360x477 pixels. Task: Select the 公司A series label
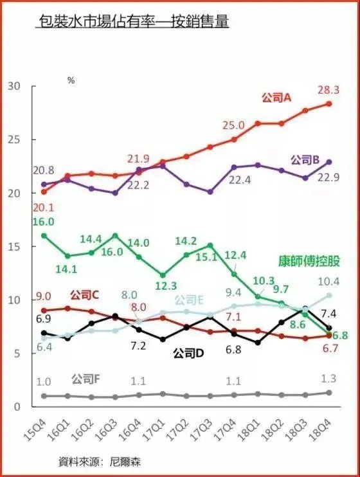pyautogui.click(x=277, y=98)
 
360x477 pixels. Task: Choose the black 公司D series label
pyautogui.click(x=191, y=353)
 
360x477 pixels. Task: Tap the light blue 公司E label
pyautogui.click(x=189, y=300)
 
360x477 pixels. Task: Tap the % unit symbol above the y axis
pyautogui.click(x=71, y=81)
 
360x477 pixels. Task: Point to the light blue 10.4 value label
pyautogui.click(x=328, y=282)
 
